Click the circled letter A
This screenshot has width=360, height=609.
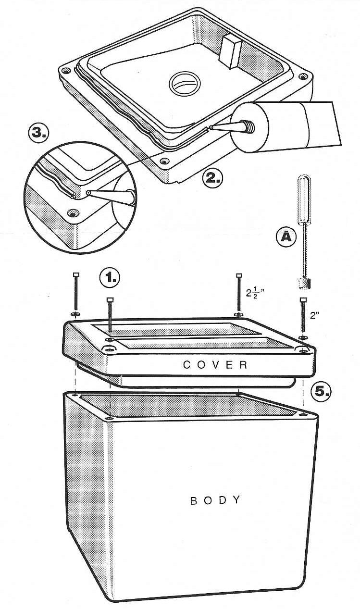(x=286, y=237)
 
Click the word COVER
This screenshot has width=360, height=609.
(x=215, y=365)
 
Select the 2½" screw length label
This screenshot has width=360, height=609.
(x=255, y=294)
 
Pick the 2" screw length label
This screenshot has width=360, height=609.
(x=314, y=315)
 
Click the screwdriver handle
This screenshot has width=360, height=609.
(x=304, y=199)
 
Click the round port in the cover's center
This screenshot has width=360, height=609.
(x=185, y=84)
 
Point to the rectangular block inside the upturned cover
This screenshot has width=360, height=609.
(x=231, y=51)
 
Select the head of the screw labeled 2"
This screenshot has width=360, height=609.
(x=303, y=299)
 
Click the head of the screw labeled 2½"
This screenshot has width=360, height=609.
(x=239, y=275)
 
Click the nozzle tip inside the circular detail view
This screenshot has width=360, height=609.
(x=88, y=193)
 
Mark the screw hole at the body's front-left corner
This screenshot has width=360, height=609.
(x=109, y=418)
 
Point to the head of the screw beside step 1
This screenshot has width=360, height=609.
(x=110, y=300)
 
